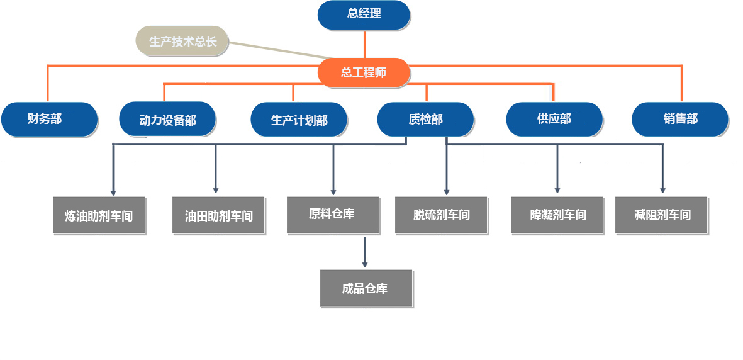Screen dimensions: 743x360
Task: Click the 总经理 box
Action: tap(364, 14)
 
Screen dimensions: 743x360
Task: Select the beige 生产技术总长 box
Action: tap(182, 41)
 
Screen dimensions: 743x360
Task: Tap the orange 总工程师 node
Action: tap(364, 72)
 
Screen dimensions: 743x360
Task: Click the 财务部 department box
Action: tap(49, 119)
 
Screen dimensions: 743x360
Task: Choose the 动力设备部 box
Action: tap(167, 119)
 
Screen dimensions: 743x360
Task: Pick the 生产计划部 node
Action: tap(299, 119)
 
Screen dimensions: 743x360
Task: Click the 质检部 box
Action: tap(425, 119)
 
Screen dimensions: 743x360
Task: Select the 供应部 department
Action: tap(554, 119)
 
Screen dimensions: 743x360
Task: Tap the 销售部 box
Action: tap(680, 119)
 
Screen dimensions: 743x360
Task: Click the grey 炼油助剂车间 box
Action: tap(99, 215)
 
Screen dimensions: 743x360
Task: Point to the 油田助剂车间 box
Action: tap(218, 215)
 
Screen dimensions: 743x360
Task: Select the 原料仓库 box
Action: tap(333, 215)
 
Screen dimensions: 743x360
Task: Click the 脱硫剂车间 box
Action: tap(442, 215)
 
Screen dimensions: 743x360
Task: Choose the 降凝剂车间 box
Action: tap(557, 215)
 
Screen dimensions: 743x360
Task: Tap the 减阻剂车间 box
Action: tap(661, 215)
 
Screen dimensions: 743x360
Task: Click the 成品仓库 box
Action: tap(366, 288)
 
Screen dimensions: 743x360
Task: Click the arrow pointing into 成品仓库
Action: tap(365, 252)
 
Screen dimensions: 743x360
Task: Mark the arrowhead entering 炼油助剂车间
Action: tap(113, 192)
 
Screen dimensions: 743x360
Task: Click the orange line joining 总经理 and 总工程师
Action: tap(364, 44)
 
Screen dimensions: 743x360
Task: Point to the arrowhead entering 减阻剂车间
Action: tap(662, 189)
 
